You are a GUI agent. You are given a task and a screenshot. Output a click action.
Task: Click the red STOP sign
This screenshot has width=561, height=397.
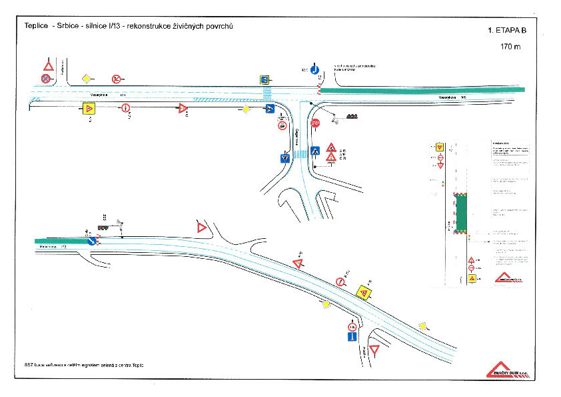[x=316, y=123]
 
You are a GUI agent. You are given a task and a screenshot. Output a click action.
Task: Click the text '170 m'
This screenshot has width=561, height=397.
[x=511, y=47]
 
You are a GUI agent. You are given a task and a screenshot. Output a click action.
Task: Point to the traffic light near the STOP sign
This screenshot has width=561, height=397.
[x=351, y=117]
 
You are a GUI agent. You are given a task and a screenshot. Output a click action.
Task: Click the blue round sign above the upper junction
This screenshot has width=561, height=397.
[x=314, y=68]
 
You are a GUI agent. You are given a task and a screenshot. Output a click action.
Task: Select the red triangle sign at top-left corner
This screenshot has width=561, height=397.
[x=48, y=66]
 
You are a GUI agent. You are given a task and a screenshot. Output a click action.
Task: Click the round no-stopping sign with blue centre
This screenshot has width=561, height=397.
[x=45, y=79]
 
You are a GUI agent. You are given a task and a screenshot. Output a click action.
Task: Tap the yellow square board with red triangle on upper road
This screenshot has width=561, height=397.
[x=88, y=108]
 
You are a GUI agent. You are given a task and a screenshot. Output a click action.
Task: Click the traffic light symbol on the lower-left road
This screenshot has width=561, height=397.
[x=103, y=228]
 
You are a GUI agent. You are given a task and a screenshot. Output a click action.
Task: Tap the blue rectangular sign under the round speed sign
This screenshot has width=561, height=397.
[x=352, y=338]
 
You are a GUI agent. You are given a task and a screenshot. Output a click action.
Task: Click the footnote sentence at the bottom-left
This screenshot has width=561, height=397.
[x=83, y=366]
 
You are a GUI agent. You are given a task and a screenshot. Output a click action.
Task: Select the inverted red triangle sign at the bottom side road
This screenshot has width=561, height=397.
[x=374, y=349]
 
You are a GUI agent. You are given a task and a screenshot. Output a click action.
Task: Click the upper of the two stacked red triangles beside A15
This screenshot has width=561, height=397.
[x=331, y=147]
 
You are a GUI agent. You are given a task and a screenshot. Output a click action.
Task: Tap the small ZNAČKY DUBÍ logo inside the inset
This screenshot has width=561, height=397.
[x=509, y=277]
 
